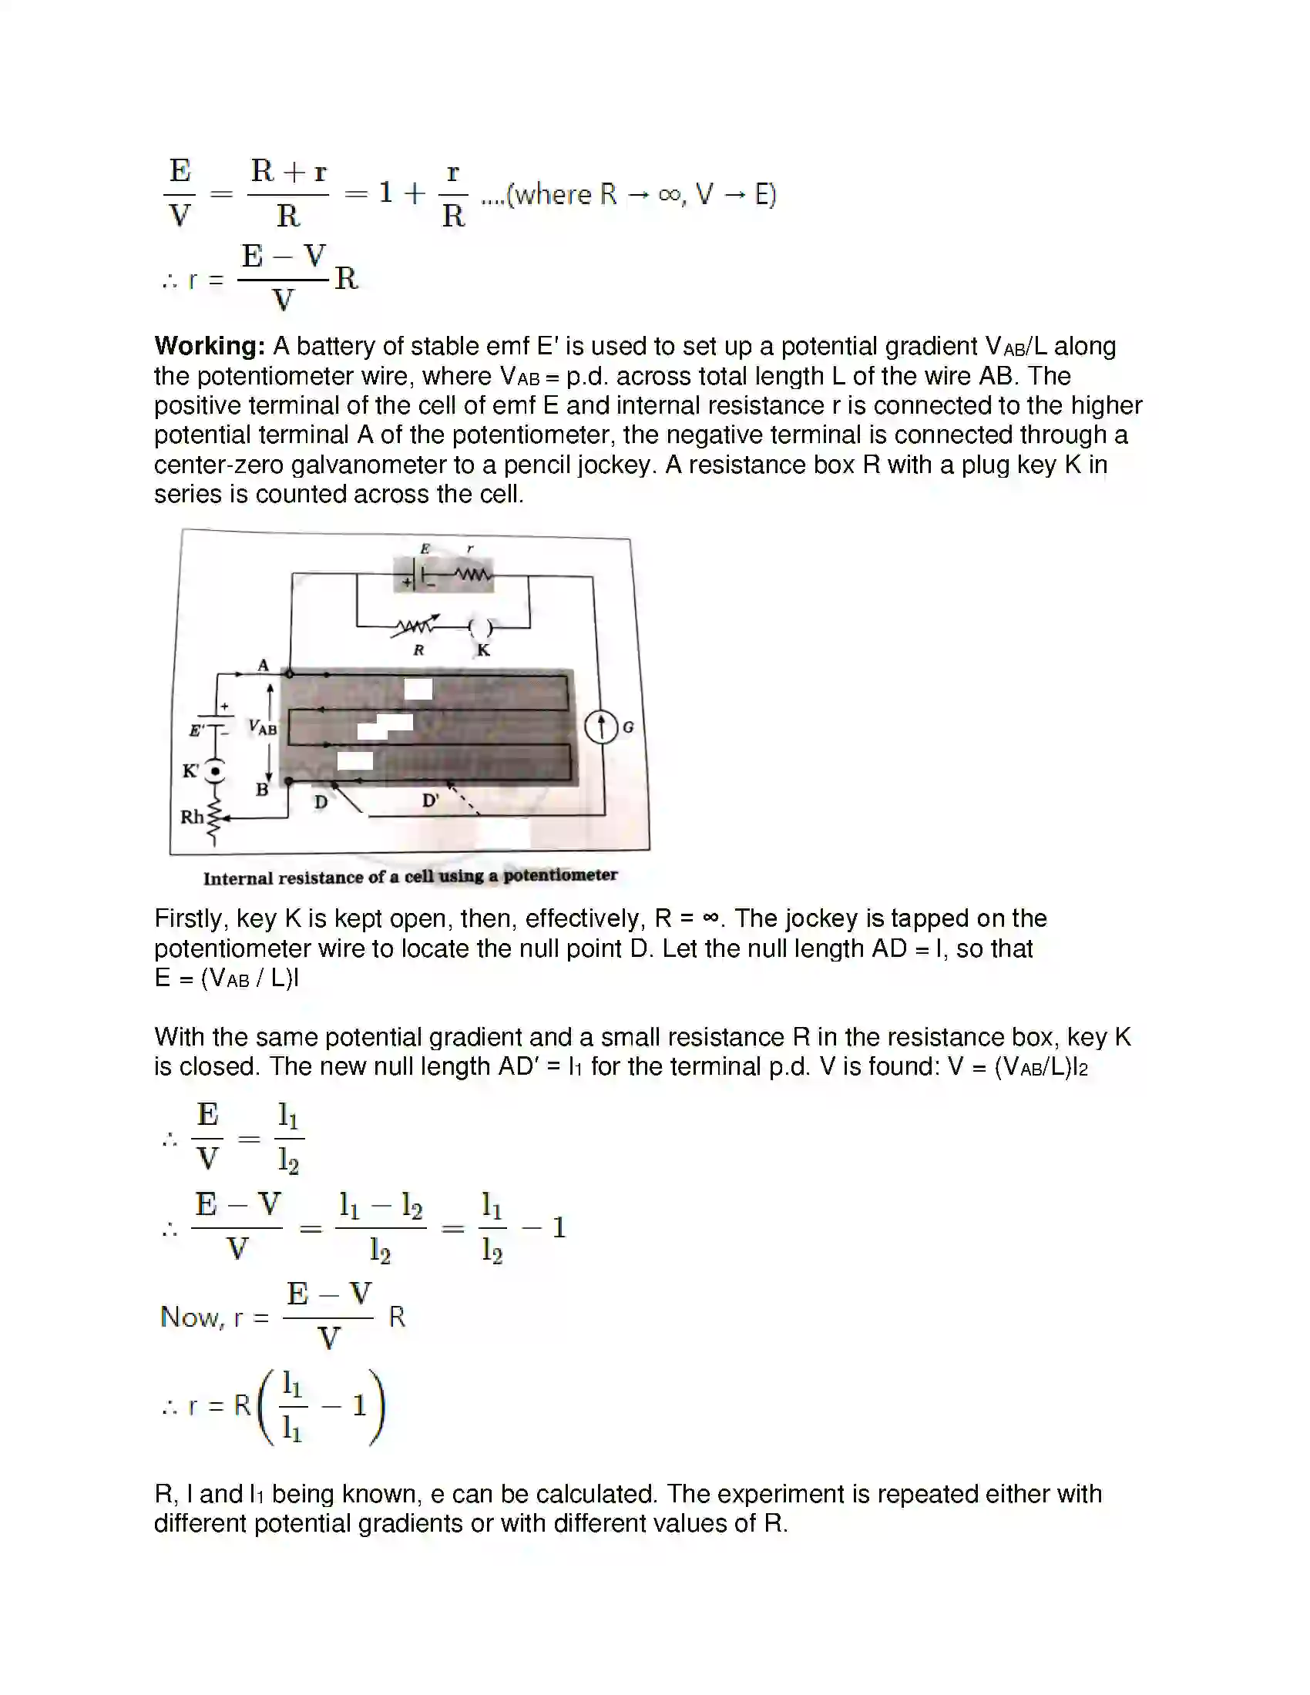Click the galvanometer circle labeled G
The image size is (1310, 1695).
tap(601, 727)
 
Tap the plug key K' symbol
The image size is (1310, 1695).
tap(215, 770)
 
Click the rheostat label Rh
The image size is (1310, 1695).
tap(192, 817)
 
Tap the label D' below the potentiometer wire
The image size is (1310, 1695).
tap(431, 801)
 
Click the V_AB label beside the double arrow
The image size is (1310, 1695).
tap(262, 727)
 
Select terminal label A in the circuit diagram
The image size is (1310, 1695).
tap(263, 665)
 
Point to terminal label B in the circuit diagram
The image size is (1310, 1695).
tap(262, 790)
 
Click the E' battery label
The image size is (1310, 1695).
tap(197, 730)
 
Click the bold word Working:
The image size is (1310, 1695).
tap(210, 346)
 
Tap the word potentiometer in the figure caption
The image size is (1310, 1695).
tap(560, 875)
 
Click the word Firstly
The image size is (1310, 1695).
tap(190, 918)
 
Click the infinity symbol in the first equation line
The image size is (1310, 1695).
tap(668, 194)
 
